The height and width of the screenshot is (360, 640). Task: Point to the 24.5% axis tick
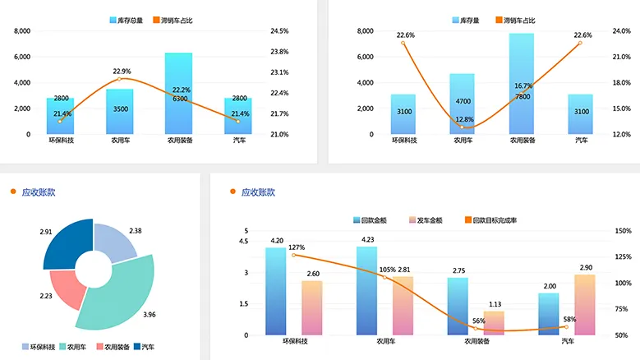tap(279, 31)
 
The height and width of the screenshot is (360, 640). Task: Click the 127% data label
tap(297, 247)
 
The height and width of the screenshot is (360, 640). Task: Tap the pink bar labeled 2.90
tap(584, 305)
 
